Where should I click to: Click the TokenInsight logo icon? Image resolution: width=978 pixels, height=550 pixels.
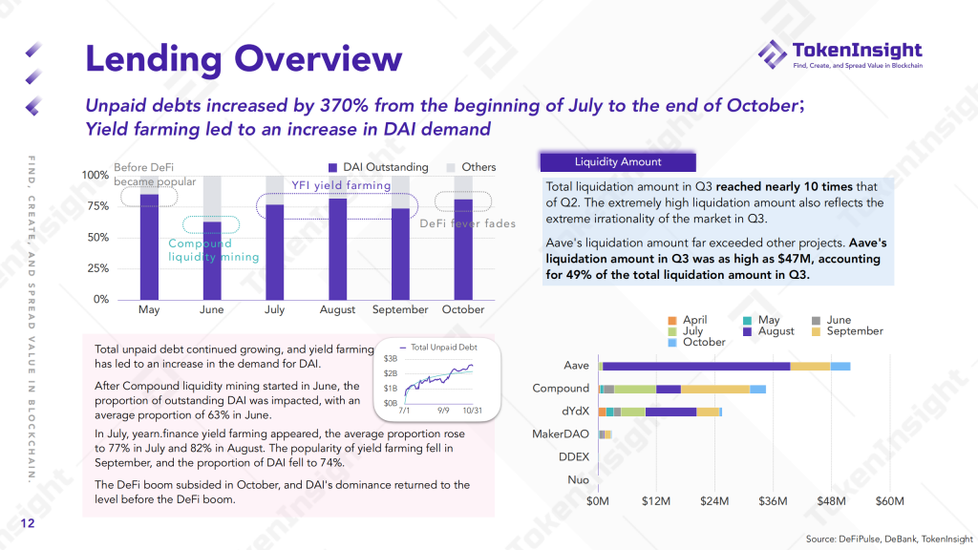[773, 54]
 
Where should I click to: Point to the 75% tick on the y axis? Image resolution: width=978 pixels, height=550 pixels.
[96, 206]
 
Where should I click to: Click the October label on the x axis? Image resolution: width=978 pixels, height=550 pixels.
[463, 309]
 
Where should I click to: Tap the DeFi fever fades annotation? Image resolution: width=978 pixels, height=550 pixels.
[468, 223]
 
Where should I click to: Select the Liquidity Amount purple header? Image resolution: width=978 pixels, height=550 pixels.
[618, 162]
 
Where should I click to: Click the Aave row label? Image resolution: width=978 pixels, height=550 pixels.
[576, 366]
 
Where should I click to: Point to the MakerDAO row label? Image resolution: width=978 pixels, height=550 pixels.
[561, 434]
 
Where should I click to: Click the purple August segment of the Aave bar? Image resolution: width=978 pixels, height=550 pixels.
[697, 366]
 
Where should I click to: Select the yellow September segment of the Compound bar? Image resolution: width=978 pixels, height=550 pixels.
[715, 389]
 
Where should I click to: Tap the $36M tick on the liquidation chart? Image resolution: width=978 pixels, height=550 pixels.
[773, 501]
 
